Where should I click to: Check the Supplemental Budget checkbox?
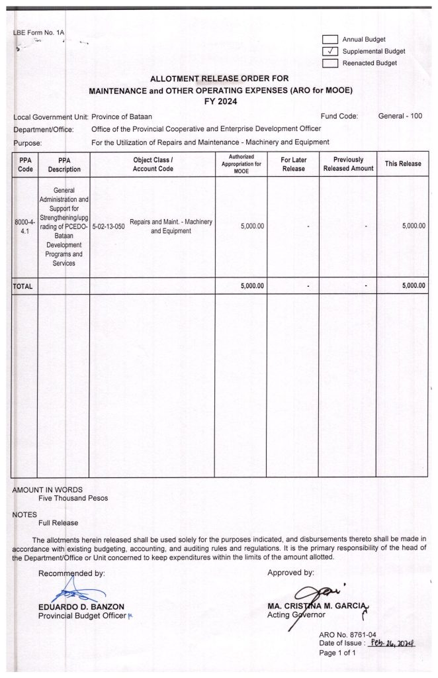(329, 51)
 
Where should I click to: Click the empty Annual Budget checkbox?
(329, 39)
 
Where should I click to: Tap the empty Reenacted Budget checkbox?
(329, 63)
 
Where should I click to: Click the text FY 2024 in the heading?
(219, 102)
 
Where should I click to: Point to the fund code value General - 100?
(400, 117)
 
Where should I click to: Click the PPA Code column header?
(24, 164)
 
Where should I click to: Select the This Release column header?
(403, 164)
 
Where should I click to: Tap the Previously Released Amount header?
(348, 164)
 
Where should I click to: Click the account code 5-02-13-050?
(109, 226)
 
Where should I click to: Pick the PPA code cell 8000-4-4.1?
(24, 226)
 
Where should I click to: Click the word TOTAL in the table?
(23, 286)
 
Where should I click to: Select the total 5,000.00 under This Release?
(414, 286)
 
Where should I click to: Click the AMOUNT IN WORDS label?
(48, 489)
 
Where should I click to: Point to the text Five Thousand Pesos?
(73, 498)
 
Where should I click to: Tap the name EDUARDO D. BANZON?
(80, 606)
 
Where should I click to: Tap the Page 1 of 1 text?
(337, 652)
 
